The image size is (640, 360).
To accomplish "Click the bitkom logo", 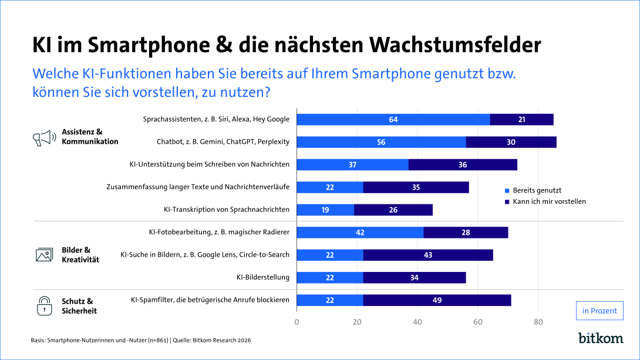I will pos(601,338).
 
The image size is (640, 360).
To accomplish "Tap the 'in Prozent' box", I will pos(599,311).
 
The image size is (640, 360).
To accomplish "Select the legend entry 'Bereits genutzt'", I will pos(537,190).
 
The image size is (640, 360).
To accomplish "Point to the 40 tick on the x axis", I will pos(417,322).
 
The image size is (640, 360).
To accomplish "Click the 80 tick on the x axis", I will pos(538,322).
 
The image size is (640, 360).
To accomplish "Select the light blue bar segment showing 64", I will pos(393,120).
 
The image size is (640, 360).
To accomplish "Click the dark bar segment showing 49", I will pos(437,300).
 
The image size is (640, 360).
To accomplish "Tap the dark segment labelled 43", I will pos(428,255).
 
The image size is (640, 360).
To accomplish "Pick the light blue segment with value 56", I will pos(381,142).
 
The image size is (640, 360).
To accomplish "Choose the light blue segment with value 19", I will pos(325,210).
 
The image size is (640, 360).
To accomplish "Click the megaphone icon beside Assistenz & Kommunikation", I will pos(44,137).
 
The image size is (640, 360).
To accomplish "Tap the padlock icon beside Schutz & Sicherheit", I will pos(45,305).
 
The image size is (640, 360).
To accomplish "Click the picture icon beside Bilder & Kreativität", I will pos(45,255).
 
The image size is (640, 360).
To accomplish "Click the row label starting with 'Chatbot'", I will pos(223,142).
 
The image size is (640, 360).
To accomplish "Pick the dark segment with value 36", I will pos(463,165).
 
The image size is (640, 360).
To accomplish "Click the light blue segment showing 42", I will pos(360,233).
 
